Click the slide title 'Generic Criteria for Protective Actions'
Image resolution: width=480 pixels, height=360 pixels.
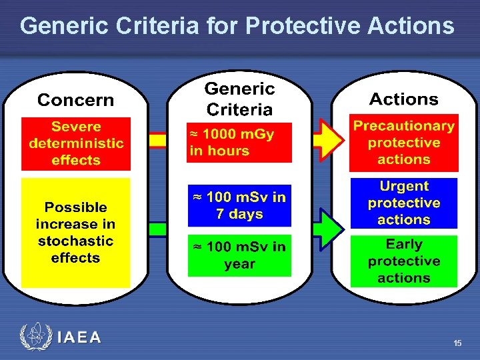pyautogui.click(x=237, y=26)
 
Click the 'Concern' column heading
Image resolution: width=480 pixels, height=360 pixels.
pyautogui.click(x=75, y=100)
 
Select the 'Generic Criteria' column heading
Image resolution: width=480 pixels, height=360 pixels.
pyautogui.click(x=239, y=99)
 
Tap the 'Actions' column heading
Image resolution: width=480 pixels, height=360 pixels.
pyautogui.click(x=403, y=99)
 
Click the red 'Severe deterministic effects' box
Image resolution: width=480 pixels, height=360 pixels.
pyautogui.click(x=75, y=144)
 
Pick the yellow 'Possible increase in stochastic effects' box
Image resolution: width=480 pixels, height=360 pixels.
pyautogui.click(x=75, y=233)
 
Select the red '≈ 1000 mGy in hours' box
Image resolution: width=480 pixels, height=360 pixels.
pyautogui.click(x=239, y=143)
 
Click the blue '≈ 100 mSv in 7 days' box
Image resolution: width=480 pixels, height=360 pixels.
pyautogui.click(x=239, y=205)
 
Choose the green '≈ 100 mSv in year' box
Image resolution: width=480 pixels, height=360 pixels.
pyautogui.click(x=239, y=255)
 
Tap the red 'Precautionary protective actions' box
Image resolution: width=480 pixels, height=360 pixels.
pyautogui.click(x=403, y=143)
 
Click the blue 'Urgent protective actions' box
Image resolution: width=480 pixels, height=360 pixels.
pyautogui.click(x=403, y=203)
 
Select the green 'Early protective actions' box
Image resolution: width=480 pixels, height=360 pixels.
pyautogui.click(x=403, y=261)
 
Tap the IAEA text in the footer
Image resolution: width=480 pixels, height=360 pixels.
pyautogui.click(x=79, y=337)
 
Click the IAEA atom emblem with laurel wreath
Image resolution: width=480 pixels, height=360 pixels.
pyautogui.click(x=35, y=337)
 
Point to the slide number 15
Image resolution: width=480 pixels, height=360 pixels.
pyautogui.click(x=457, y=343)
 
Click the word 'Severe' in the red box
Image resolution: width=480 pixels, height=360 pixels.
pyautogui.click(x=76, y=127)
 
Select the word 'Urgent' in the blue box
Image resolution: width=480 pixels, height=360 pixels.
pyautogui.click(x=403, y=186)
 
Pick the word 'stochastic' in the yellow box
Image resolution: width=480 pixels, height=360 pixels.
pyautogui.click(x=75, y=241)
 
